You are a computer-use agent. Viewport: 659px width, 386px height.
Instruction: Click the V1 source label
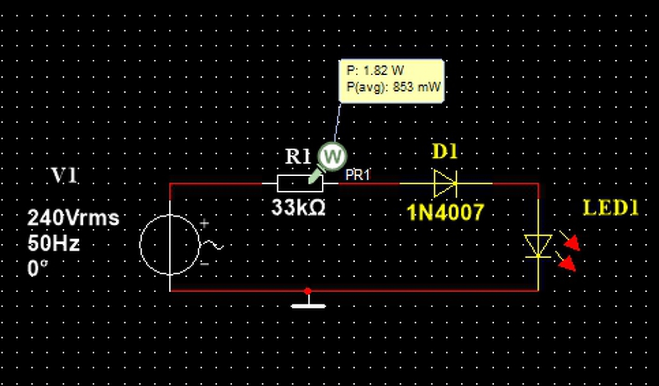coord(64,176)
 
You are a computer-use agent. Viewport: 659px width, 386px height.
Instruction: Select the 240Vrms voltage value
coord(73,218)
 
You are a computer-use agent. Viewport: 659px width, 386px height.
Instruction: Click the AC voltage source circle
coord(170,245)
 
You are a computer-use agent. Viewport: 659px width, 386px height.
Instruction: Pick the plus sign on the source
coord(205,224)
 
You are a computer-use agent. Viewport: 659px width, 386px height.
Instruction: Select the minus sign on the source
coord(204,264)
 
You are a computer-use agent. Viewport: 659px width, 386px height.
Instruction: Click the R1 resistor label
coord(298,157)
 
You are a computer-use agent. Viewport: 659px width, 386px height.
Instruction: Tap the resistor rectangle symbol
coord(300,183)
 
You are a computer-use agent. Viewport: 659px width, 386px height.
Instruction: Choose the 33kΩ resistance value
coord(299,208)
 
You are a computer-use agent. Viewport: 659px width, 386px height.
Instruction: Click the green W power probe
coord(332,156)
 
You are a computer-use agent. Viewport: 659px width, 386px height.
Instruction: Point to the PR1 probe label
coord(358,175)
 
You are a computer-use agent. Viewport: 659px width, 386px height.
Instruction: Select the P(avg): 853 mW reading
coord(393,87)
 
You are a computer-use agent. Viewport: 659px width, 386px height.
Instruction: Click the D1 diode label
coord(444,152)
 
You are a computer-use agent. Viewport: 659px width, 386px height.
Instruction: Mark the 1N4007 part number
coord(446,212)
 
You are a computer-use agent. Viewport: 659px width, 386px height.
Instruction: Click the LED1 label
coord(611,208)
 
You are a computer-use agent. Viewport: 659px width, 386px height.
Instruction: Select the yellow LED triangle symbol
coord(538,245)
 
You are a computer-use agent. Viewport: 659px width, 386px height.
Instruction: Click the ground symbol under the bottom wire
coord(308,304)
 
